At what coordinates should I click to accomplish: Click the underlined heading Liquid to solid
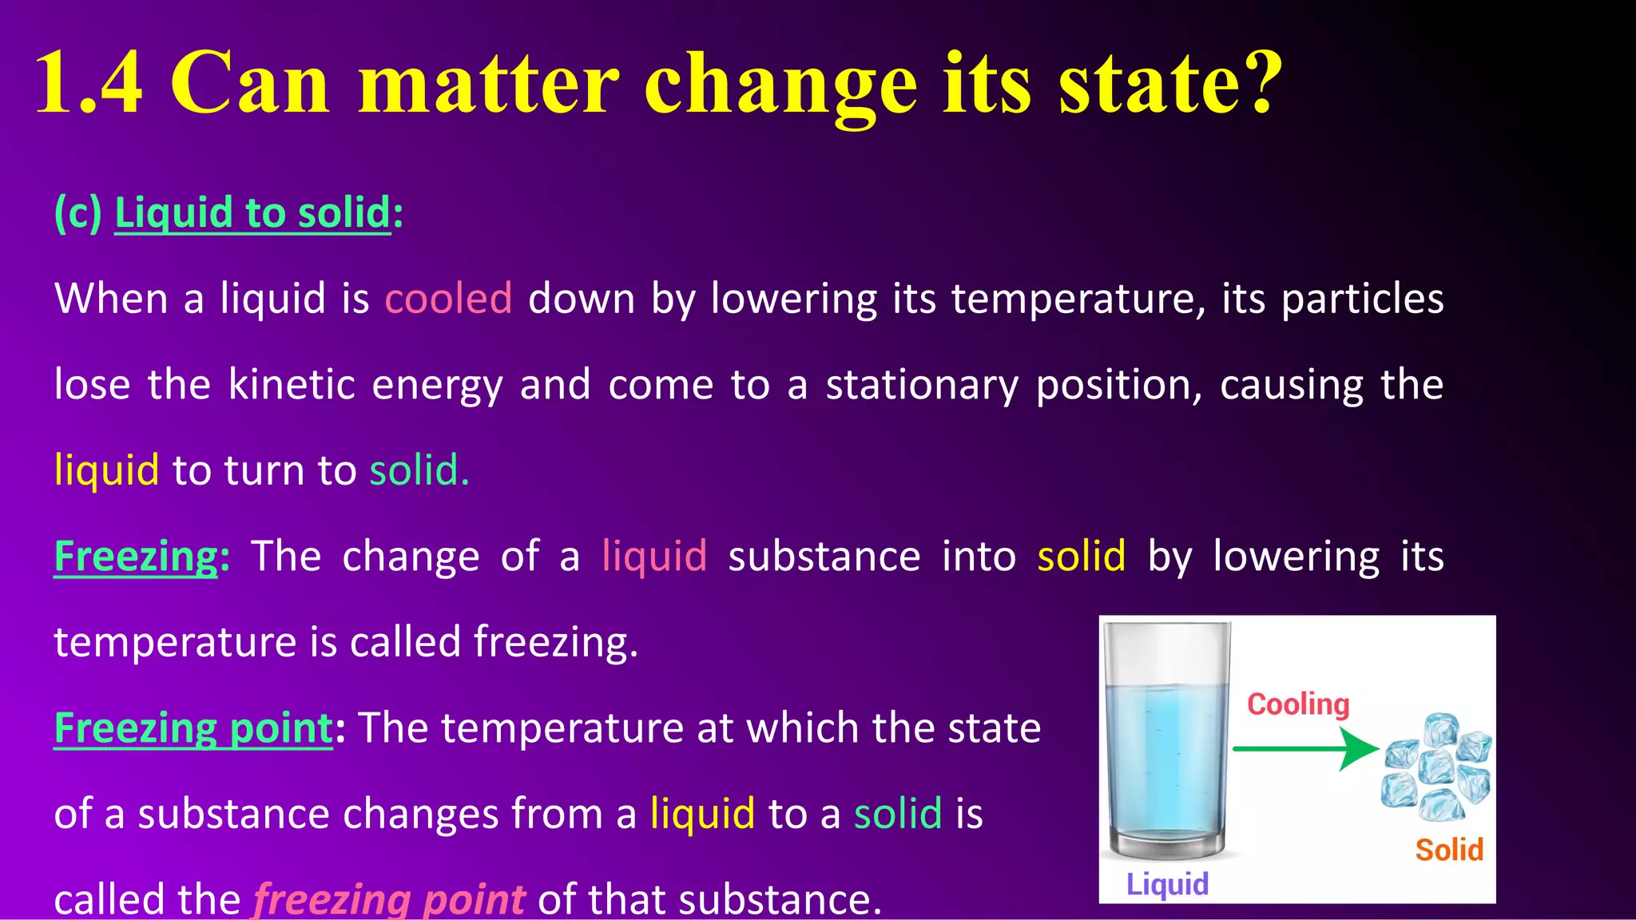pyautogui.click(x=252, y=213)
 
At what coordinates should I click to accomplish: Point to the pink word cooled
pyautogui.click(x=448, y=299)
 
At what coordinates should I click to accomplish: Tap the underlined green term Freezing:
pyautogui.click(x=136, y=556)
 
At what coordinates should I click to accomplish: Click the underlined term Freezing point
pyautogui.click(x=193, y=728)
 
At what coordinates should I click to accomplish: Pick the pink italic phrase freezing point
pyautogui.click(x=389, y=899)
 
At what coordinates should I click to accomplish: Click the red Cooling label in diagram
pyautogui.click(x=1298, y=704)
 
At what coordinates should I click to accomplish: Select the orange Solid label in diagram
pyautogui.click(x=1449, y=850)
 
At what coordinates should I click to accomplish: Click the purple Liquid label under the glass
pyautogui.click(x=1167, y=884)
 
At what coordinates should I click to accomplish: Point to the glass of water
pyautogui.click(x=1167, y=743)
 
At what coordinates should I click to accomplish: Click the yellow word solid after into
pyautogui.click(x=1081, y=556)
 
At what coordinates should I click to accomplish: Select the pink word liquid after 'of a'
pyautogui.click(x=654, y=556)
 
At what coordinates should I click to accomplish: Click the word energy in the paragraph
pyautogui.click(x=437, y=386)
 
